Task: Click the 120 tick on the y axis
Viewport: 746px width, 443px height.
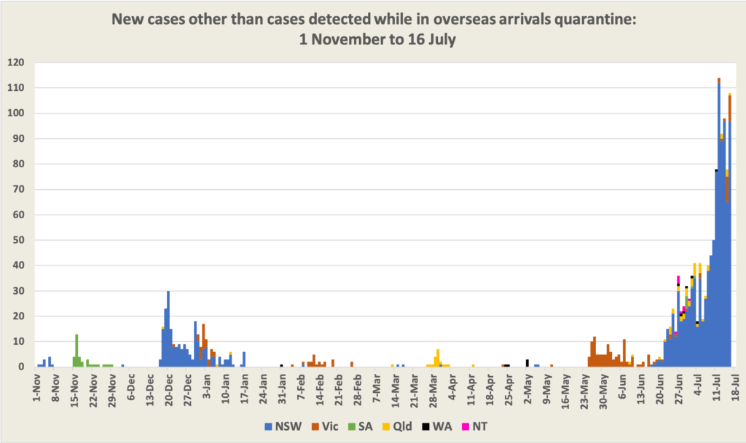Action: pos(16,63)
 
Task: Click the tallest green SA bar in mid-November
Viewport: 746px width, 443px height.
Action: pos(76,351)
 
